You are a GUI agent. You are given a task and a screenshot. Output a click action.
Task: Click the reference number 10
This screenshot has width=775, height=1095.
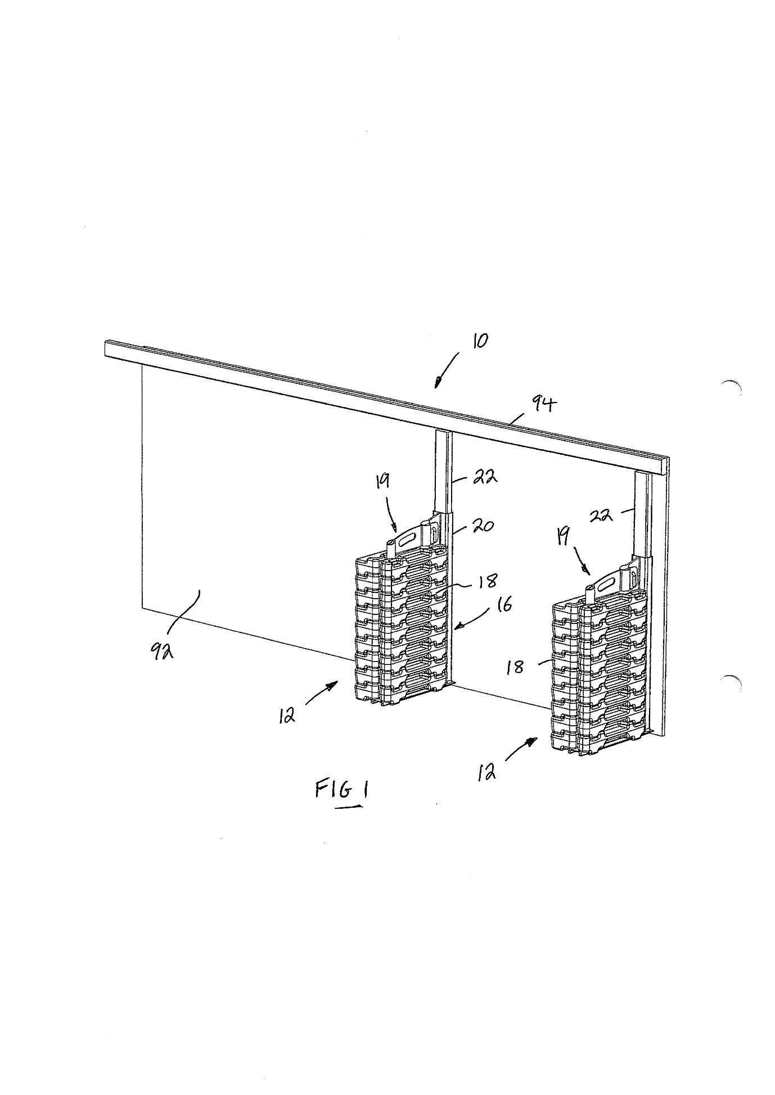(480, 341)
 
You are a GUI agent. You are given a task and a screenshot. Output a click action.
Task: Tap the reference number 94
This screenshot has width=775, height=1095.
(543, 403)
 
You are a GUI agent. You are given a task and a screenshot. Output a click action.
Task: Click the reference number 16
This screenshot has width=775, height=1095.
(504, 605)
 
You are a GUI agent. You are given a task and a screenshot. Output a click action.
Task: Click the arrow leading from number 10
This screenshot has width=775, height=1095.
(447, 370)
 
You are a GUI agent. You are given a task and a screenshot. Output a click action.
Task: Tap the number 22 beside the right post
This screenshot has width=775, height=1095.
(601, 514)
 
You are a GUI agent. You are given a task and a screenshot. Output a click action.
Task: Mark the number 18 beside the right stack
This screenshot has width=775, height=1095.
(515, 667)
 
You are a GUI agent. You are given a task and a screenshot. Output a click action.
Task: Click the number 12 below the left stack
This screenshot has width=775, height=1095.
(287, 716)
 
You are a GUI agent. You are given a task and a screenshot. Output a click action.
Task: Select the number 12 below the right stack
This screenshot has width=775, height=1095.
(486, 773)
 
